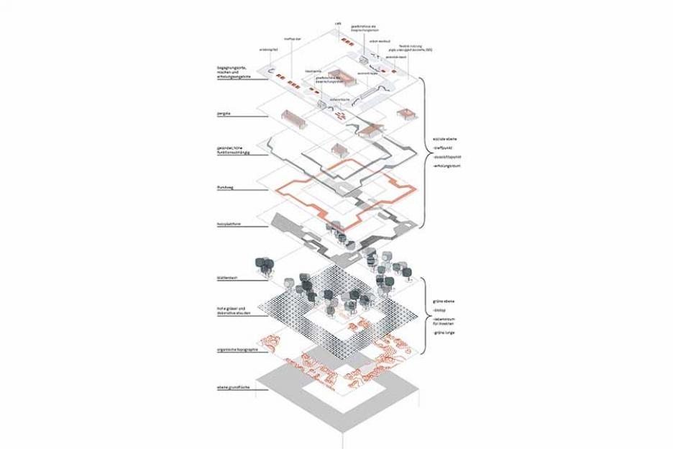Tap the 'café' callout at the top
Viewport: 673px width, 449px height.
[338, 23]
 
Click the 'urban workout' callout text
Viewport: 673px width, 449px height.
[380, 41]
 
